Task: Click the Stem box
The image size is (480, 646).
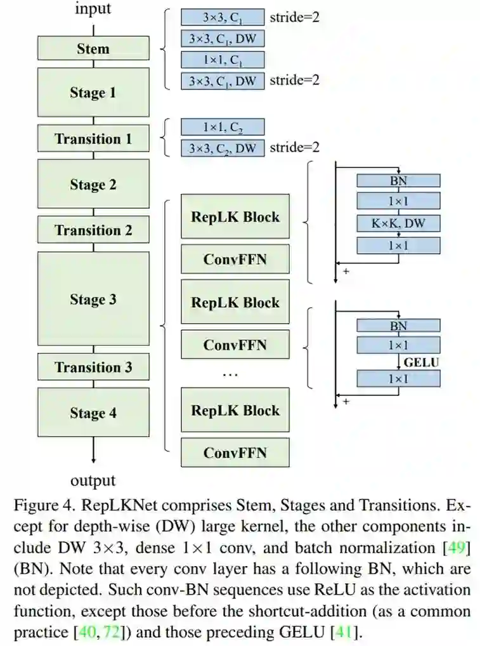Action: point(93,48)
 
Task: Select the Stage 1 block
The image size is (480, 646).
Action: point(93,92)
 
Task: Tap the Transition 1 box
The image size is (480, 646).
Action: point(93,138)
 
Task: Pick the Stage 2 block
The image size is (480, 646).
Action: point(93,184)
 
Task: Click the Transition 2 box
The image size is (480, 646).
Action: point(93,230)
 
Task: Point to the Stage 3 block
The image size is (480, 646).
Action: point(93,299)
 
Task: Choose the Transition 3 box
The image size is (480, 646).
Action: point(93,367)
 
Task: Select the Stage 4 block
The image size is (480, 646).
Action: point(93,412)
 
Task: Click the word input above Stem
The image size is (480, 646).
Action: point(93,9)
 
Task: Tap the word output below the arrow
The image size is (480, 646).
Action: point(93,480)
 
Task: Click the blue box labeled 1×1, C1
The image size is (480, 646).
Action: point(223,60)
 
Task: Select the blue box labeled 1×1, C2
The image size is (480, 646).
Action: point(223,127)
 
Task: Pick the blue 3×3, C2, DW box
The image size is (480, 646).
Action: point(223,148)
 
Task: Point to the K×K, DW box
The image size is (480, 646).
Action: point(398,223)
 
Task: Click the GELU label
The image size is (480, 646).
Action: point(421,362)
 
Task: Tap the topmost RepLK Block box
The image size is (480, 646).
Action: point(235,216)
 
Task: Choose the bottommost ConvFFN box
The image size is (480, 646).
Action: point(235,452)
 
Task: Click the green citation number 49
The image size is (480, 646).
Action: point(456,548)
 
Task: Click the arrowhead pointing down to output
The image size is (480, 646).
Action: point(93,460)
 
